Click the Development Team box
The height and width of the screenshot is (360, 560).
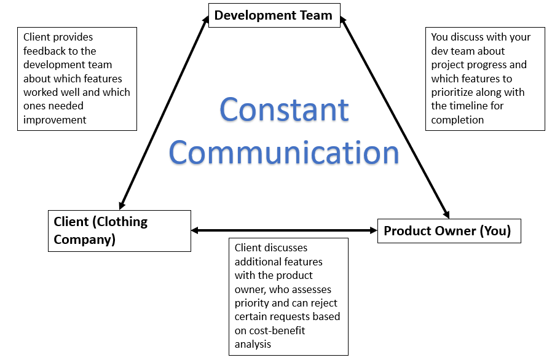(273, 15)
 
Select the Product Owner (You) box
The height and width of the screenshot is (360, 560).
(449, 231)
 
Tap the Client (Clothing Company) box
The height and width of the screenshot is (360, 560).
(119, 230)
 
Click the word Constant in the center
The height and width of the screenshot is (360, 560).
(284, 109)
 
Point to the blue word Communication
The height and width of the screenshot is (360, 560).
(284, 152)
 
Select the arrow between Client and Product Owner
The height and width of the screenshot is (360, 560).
(284, 230)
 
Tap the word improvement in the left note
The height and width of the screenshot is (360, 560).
(55, 120)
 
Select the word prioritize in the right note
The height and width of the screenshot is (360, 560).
(456, 92)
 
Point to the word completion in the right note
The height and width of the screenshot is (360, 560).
(457, 120)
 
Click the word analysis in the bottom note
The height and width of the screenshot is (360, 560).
(253, 344)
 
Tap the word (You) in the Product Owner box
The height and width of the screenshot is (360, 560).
(495, 231)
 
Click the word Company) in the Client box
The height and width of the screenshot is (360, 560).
(85, 239)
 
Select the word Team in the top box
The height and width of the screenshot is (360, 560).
(317, 15)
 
